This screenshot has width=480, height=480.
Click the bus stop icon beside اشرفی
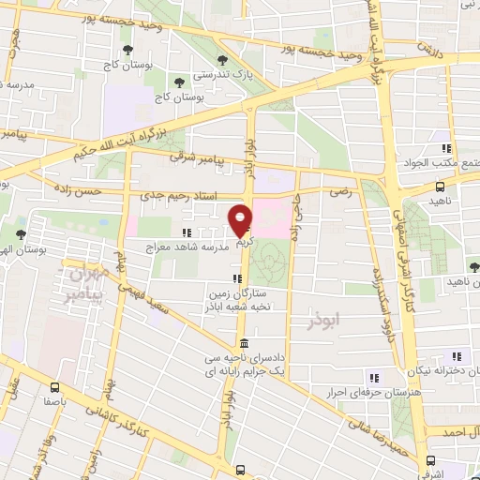click(x=430, y=461)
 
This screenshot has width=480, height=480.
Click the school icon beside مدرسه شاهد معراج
click(x=187, y=232)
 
